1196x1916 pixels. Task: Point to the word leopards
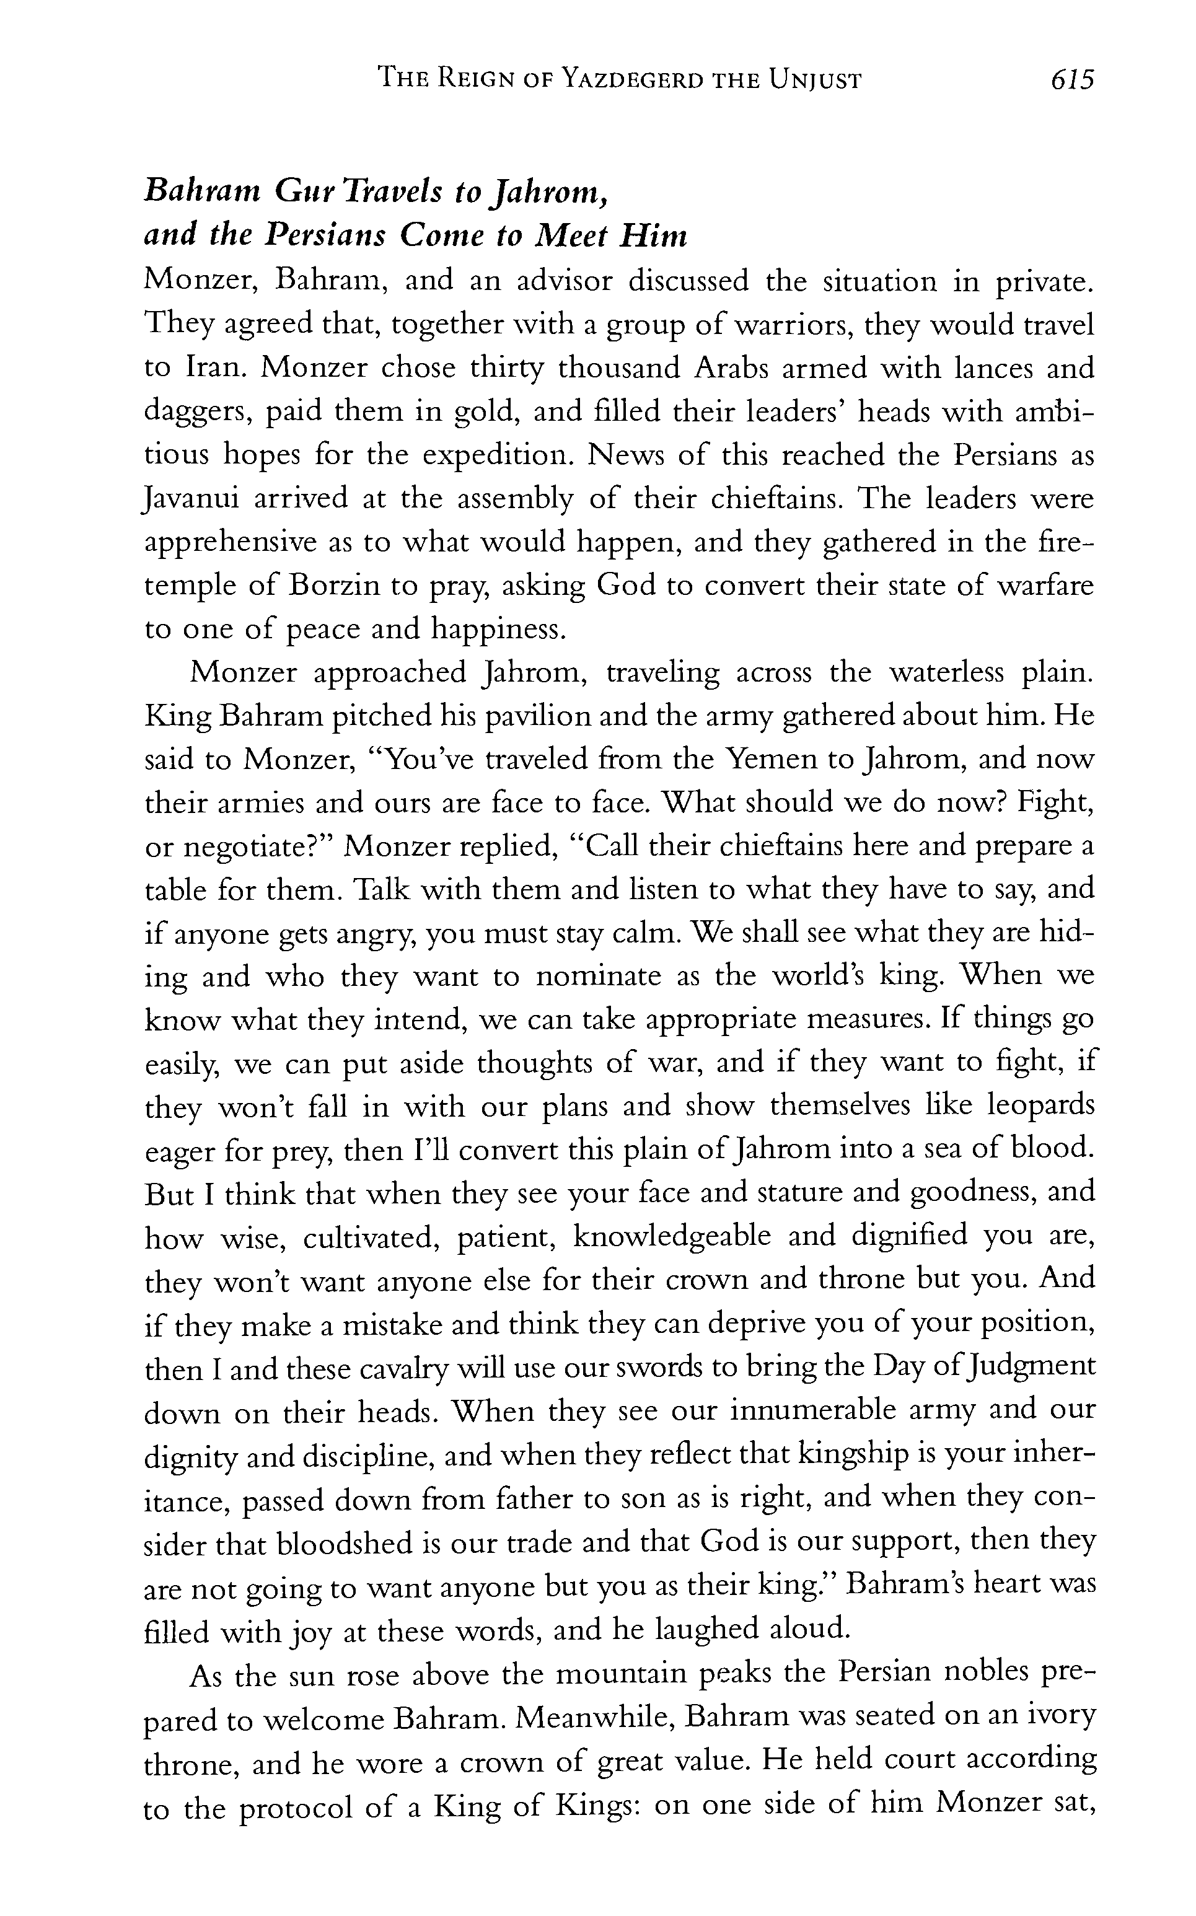pos(1042,1105)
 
